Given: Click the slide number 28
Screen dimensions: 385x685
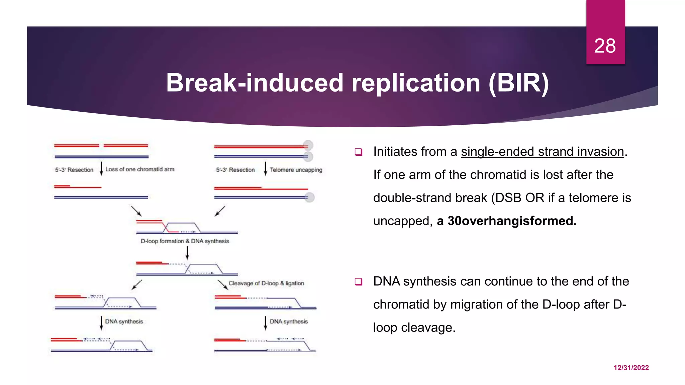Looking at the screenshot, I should click(x=605, y=46).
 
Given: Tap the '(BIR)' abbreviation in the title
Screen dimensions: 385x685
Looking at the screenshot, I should click(x=518, y=83).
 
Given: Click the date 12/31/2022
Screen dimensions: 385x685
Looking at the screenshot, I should click(x=631, y=368).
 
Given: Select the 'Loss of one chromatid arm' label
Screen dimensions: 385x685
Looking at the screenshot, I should click(x=140, y=169).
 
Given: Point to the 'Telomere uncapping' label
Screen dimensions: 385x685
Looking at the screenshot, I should click(x=296, y=170).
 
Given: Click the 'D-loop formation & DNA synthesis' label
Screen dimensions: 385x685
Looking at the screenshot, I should click(x=185, y=241).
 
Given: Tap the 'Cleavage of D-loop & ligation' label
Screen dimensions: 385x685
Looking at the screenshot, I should click(x=266, y=283).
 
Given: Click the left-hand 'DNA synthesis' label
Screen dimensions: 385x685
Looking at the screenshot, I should click(x=124, y=322).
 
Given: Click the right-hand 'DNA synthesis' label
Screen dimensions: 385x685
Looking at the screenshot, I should click(x=289, y=322).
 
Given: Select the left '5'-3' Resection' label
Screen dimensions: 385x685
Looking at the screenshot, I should click(x=74, y=170).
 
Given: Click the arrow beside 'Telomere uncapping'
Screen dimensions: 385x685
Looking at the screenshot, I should click(x=266, y=169).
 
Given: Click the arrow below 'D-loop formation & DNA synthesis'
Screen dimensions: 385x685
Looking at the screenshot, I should click(x=187, y=253).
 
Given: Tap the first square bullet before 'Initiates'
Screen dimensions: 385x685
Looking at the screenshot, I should click(x=359, y=152).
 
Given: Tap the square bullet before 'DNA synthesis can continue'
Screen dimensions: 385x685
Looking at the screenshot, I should click(x=359, y=282).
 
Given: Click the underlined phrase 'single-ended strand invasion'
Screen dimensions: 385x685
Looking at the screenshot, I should click(x=542, y=152).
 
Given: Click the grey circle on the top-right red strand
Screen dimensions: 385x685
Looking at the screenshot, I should click(x=308, y=145).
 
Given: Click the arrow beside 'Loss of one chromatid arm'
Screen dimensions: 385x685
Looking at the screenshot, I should click(x=101, y=169).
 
